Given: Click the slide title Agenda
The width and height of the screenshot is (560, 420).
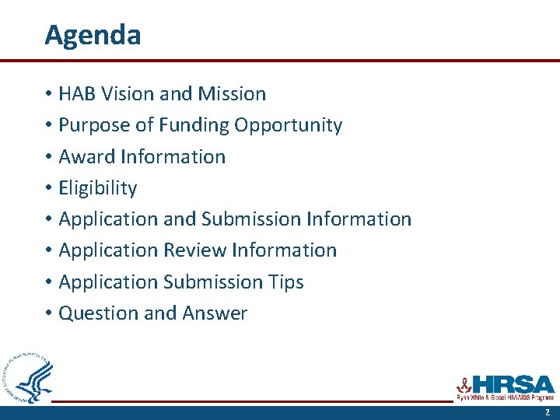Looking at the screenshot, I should point(93,36).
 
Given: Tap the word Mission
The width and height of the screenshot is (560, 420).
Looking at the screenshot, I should point(232,94).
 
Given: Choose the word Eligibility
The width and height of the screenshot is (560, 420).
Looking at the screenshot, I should point(98,188).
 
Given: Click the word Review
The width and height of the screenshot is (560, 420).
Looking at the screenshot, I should point(194,250).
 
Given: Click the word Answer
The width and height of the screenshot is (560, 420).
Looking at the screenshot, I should point(215,313).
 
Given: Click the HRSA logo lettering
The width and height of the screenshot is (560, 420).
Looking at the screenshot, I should point(513,383).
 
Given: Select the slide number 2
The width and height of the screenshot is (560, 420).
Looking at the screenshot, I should point(547,412).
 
